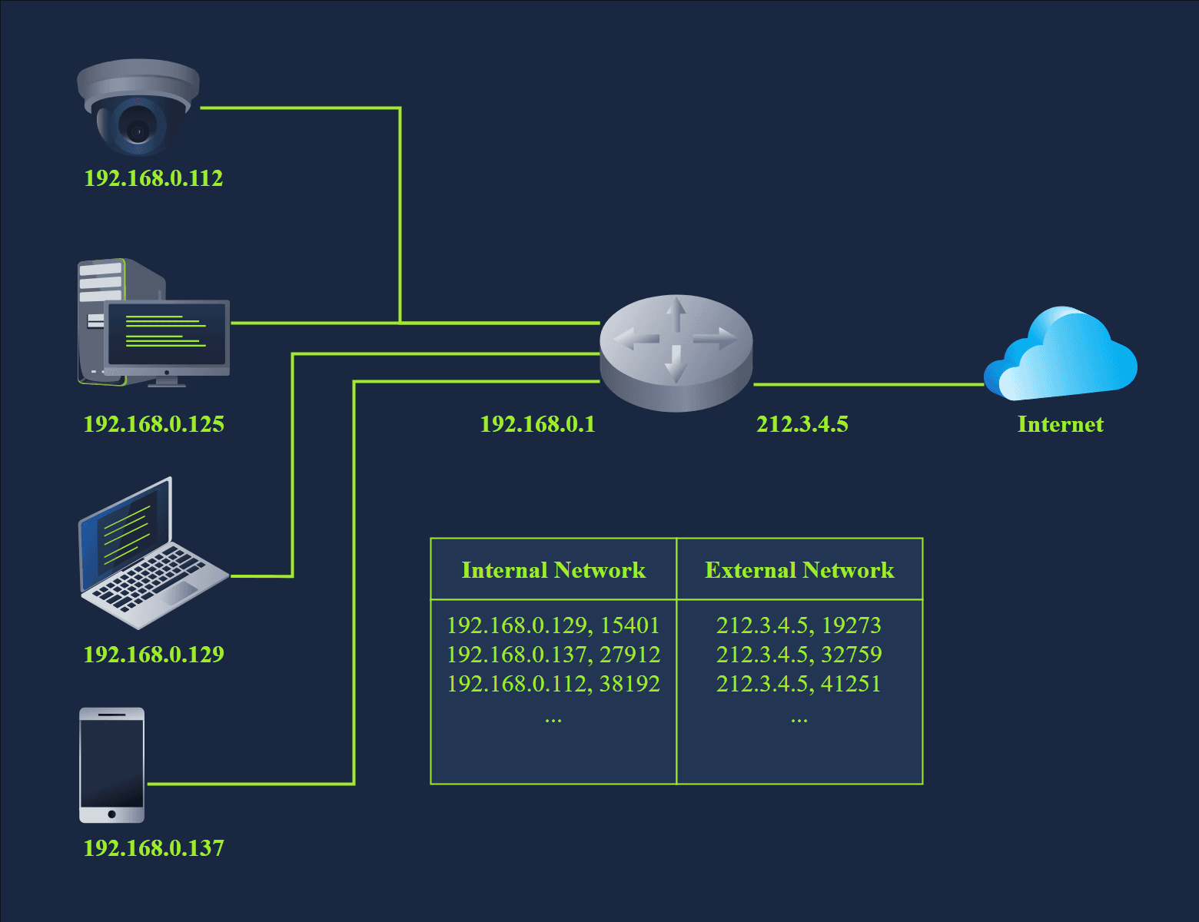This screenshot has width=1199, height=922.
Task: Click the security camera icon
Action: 138,108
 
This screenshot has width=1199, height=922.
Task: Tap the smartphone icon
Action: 112,764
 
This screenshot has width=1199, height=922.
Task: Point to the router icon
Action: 676,352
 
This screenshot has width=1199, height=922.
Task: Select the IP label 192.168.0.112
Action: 154,178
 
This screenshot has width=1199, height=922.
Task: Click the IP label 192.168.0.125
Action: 154,424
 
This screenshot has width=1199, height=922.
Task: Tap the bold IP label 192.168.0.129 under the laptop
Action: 154,655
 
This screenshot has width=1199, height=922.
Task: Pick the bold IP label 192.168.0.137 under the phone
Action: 154,848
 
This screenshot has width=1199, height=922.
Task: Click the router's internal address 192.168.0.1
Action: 537,424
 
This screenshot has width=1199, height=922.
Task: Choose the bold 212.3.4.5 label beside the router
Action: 802,424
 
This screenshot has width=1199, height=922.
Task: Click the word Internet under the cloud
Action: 1060,424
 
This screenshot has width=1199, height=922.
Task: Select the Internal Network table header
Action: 553,570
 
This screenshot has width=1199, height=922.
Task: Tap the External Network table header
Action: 799,570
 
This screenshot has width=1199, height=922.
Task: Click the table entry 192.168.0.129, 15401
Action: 553,625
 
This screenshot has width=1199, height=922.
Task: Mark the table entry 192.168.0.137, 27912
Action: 553,655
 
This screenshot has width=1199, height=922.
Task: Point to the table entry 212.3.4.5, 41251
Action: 799,684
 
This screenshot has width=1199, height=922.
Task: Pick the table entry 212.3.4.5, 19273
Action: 799,625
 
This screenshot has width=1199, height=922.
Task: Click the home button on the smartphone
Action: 112,814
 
